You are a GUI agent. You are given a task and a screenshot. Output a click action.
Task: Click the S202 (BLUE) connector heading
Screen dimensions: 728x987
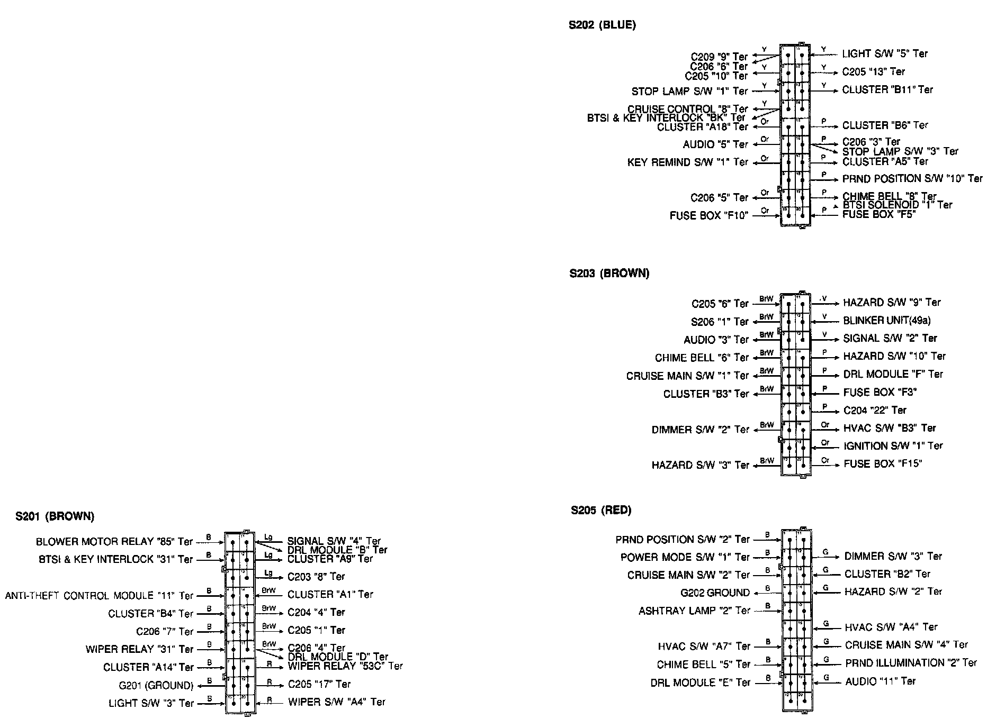(x=602, y=25)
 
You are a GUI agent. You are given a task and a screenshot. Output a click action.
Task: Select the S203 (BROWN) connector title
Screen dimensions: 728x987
(x=609, y=274)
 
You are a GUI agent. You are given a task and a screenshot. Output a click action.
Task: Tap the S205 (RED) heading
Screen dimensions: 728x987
(x=601, y=511)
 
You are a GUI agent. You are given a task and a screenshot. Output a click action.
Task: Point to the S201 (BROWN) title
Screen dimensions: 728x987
(x=55, y=516)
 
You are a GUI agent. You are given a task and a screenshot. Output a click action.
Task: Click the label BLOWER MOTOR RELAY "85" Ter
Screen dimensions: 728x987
(x=114, y=542)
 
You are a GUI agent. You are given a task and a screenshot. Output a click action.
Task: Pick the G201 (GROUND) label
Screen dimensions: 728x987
(x=156, y=686)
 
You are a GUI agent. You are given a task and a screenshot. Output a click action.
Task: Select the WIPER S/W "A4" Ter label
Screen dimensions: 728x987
(x=337, y=703)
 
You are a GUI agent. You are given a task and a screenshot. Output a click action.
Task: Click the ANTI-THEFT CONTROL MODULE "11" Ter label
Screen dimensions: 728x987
(x=100, y=596)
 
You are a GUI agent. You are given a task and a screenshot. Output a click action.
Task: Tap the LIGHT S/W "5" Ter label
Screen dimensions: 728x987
(x=885, y=53)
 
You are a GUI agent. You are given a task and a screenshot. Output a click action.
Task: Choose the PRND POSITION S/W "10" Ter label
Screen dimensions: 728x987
(x=912, y=179)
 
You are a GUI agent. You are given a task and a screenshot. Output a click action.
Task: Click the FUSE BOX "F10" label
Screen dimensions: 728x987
(x=708, y=216)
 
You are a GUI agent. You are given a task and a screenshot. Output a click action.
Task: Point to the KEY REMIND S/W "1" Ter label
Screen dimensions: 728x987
(x=687, y=162)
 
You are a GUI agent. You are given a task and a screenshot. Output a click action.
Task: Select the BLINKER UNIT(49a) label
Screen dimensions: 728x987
(x=887, y=321)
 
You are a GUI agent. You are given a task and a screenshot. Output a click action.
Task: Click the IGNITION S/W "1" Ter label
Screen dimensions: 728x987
(x=893, y=446)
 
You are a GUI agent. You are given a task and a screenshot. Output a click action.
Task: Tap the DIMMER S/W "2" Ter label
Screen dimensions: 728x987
(x=700, y=430)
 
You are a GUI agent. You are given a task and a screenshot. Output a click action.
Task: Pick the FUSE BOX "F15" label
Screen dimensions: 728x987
(x=883, y=464)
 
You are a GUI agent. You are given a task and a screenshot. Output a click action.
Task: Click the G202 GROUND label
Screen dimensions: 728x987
(x=715, y=593)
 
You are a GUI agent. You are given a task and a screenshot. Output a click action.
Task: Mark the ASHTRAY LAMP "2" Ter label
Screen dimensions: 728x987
(x=694, y=611)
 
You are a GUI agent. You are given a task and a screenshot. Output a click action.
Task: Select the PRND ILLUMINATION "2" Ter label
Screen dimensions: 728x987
(x=911, y=663)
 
